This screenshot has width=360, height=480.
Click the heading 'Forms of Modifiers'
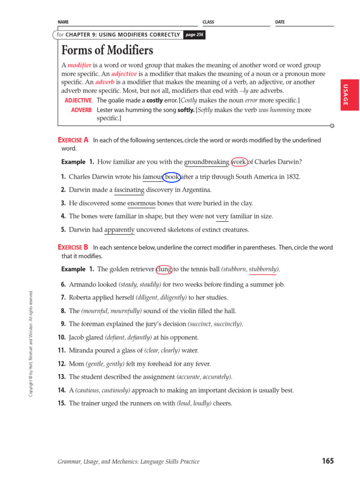coord(107,50)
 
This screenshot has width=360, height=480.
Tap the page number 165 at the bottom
coord(328,461)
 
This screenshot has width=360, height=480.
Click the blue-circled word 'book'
coord(172,177)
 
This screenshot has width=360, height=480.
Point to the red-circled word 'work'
coord(239,162)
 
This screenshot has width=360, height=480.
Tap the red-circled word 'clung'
coord(164,269)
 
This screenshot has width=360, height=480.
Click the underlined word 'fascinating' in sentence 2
coord(129,190)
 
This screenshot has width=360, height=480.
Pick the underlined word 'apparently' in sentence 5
coord(120,230)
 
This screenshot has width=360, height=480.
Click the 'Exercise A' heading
coord(73,140)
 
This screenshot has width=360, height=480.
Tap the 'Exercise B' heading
coord(73,247)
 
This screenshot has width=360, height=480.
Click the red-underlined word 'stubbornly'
coord(263,269)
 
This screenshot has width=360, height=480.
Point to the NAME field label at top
coord(63,22)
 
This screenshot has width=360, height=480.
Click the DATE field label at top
coord(280,22)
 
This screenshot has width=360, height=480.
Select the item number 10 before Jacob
coord(62,337)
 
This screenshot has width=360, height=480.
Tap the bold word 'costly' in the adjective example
coord(155,100)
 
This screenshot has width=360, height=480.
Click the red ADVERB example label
coord(82,110)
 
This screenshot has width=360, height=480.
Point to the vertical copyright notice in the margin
coord(31,343)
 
